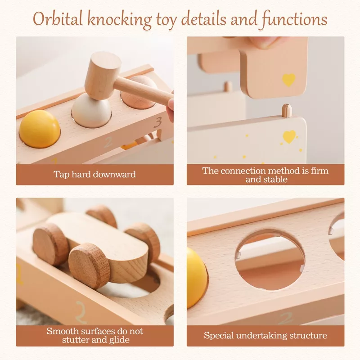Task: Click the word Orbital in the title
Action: pos(58,18)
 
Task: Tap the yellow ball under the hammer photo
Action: pos(40,129)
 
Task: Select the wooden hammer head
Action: pos(103,75)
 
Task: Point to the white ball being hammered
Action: pos(92,111)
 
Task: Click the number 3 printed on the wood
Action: pos(158,122)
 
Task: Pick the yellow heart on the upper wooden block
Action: pos(288,80)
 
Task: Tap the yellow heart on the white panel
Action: pos(289,137)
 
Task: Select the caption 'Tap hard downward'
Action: pos(94,174)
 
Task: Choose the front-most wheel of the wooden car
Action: pos(89,266)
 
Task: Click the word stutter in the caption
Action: pos(76,340)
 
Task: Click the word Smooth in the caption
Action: pos(59,331)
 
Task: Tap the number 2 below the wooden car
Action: pos(81,312)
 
